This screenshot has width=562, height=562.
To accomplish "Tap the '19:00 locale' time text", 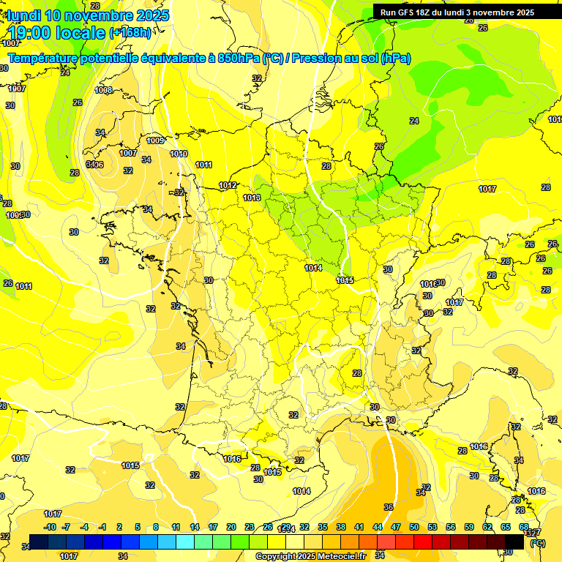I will (58, 32).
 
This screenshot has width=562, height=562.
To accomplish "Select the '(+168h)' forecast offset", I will (130, 32).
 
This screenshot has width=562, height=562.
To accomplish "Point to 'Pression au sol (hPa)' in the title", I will (351, 59).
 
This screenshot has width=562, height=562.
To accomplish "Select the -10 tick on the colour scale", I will (50, 527).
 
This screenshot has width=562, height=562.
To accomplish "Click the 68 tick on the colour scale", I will (524, 527).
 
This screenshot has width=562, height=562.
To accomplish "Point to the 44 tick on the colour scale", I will (378, 527).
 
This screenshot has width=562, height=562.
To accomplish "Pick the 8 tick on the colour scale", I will (156, 527).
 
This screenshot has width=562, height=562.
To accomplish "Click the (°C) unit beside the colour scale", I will (537, 543).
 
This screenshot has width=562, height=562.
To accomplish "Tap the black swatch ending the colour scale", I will (514, 542).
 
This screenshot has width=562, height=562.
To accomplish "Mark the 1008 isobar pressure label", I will (103, 90).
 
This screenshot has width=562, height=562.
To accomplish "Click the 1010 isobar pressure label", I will (179, 154).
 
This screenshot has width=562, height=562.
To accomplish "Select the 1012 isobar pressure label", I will (228, 185).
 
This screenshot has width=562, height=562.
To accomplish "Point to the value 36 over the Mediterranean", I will (389, 507).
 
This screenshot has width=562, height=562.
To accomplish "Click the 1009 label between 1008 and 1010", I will (155, 140).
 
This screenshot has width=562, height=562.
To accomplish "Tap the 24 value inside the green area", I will (414, 121).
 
